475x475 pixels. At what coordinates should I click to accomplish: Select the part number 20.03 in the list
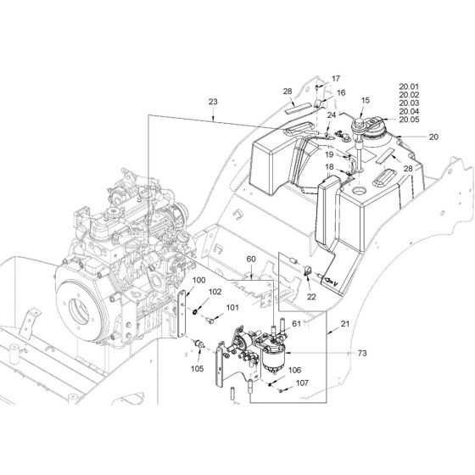pyautogui.click(x=410, y=103)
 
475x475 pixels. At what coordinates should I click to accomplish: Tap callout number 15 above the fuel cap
pyautogui.click(x=366, y=101)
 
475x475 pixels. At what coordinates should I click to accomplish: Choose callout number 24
pyautogui.click(x=332, y=116)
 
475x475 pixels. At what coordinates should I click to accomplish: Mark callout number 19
pyautogui.click(x=327, y=154)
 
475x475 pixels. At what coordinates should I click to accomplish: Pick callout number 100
pyautogui.click(x=197, y=281)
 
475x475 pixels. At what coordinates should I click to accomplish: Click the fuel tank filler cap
pyautogui.click(x=365, y=127)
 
